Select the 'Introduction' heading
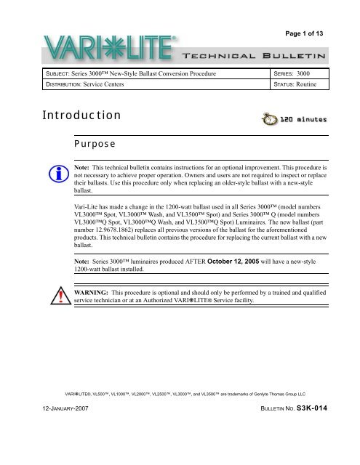click(71, 116)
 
